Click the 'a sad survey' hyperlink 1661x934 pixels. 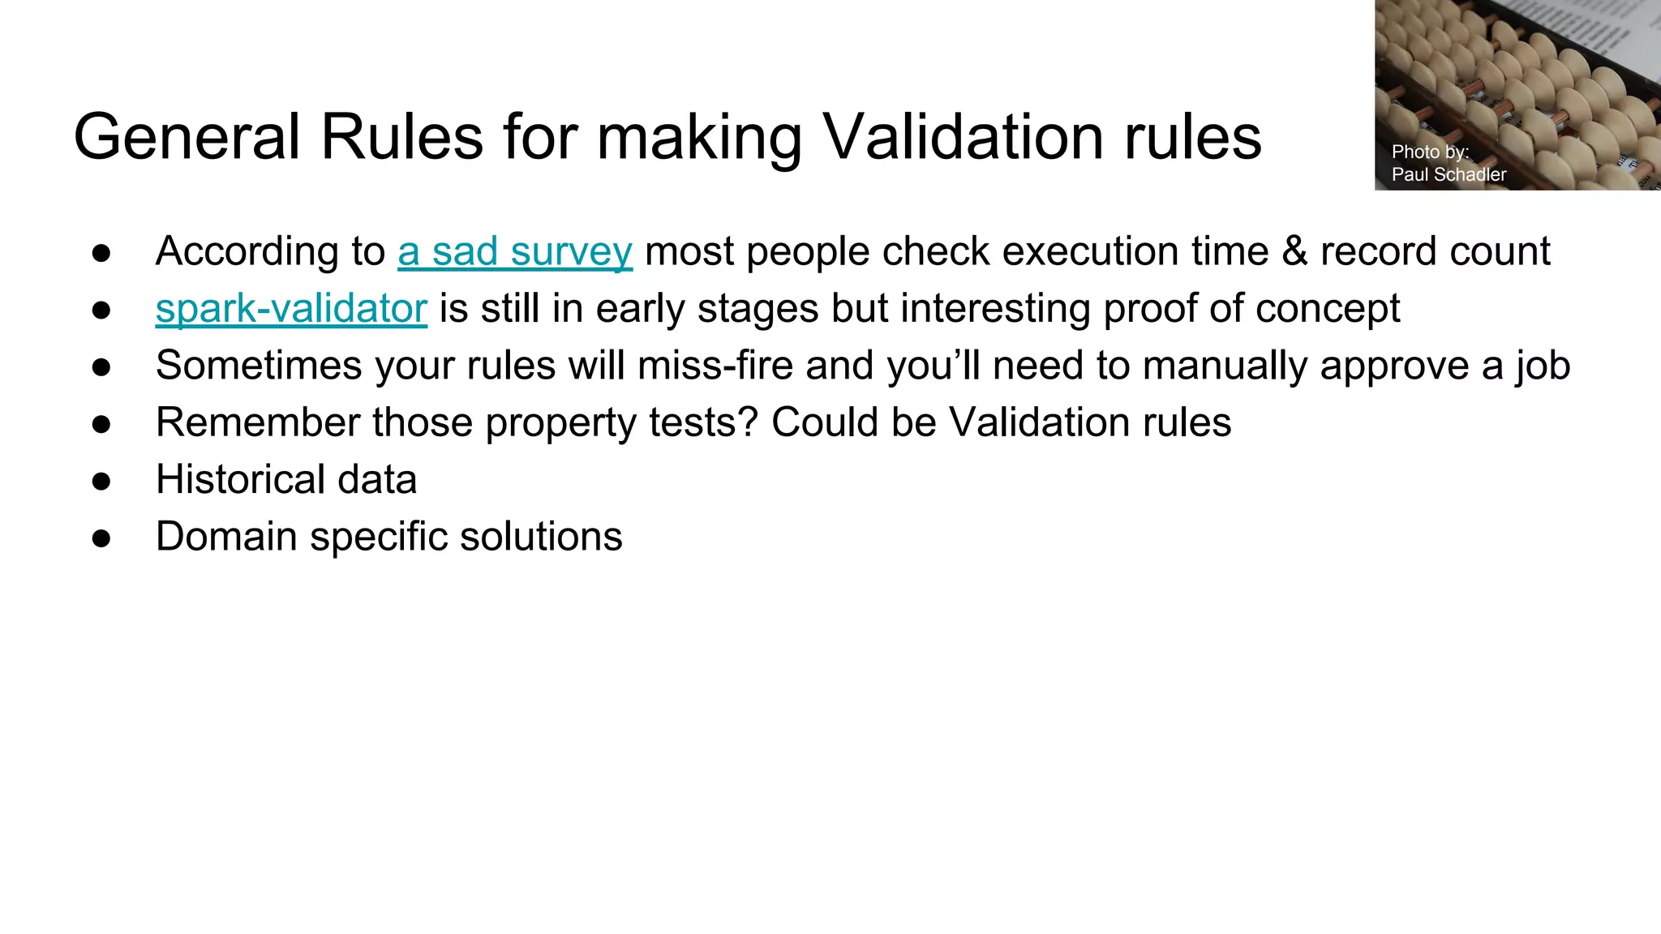point(514,252)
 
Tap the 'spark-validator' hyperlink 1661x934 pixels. point(291,309)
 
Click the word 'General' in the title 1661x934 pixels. point(187,137)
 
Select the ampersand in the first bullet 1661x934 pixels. point(1294,251)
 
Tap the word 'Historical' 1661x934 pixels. point(240,479)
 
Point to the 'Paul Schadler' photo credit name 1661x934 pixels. point(1449,174)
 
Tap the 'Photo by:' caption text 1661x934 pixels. point(1430,152)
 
